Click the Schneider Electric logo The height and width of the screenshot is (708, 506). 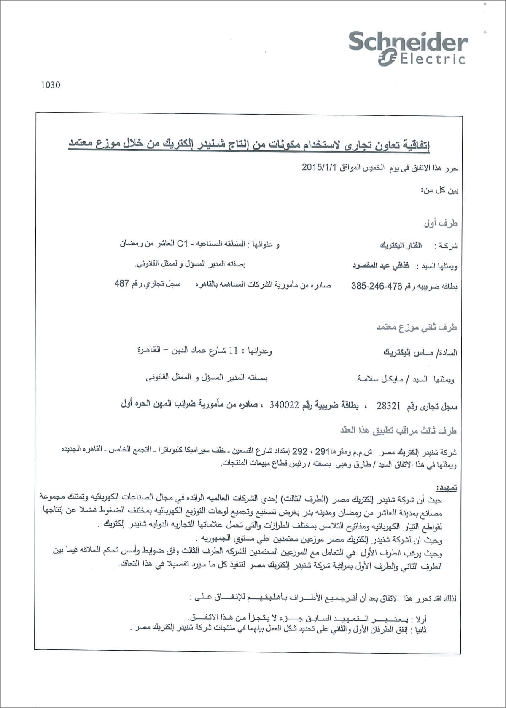pyautogui.click(x=408, y=49)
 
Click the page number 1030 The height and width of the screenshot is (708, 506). pyautogui.click(x=51, y=85)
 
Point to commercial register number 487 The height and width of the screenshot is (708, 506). pyautogui.click(x=121, y=284)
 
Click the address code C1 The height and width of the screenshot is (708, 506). pyautogui.click(x=182, y=243)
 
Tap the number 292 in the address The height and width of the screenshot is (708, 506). pyautogui.click(x=300, y=452)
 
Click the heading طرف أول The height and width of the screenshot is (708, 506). pyautogui.click(x=441, y=223)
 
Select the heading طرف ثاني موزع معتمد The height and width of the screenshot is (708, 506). pyautogui.click(x=417, y=327)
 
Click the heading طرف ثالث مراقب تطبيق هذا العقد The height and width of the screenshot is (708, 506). pyautogui.click(x=398, y=431)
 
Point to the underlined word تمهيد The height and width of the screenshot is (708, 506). pyautogui.click(x=447, y=488)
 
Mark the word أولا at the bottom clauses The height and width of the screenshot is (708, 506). pyautogui.click(x=420, y=619)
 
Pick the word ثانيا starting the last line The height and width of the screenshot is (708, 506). pyautogui.click(x=420, y=629)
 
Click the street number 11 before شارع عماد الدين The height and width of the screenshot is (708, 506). pyautogui.click(x=233, y=351)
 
